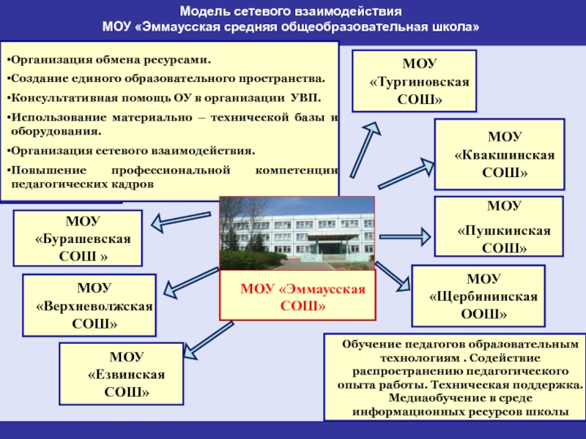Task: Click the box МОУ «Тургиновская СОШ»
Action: (x=414, y=80)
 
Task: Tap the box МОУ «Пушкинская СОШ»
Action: (x=500, y=226)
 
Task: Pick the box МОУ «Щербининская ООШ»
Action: (x=478, y=296)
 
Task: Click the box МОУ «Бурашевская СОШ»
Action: (x=78, y=238)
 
